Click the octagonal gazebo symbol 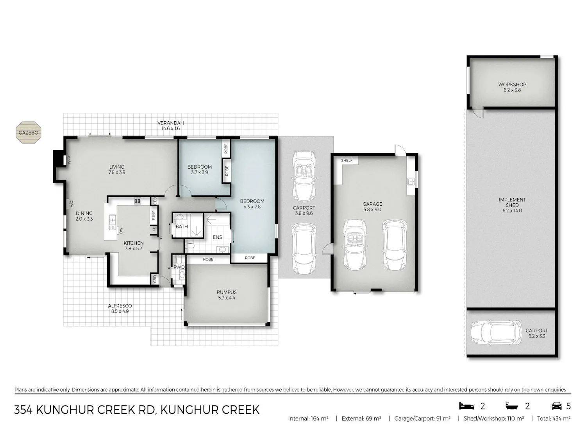tap(29, 133)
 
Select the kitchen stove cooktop tap(138, 201)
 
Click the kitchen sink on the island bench tap(113, 222)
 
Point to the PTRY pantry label tap(153, 216)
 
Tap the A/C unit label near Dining tap(71, 204)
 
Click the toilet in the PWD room tap(179, 260)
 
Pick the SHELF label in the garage tap(347, 161)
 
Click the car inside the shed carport tap(496, 332)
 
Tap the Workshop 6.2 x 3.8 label tap(512, 87)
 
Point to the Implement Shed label tap(512, 205)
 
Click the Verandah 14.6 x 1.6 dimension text tap(171, 129)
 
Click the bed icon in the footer tap(466, 406)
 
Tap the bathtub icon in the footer tap(512, 406)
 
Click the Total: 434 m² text tap(554, 418)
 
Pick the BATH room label tap(182, 226)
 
